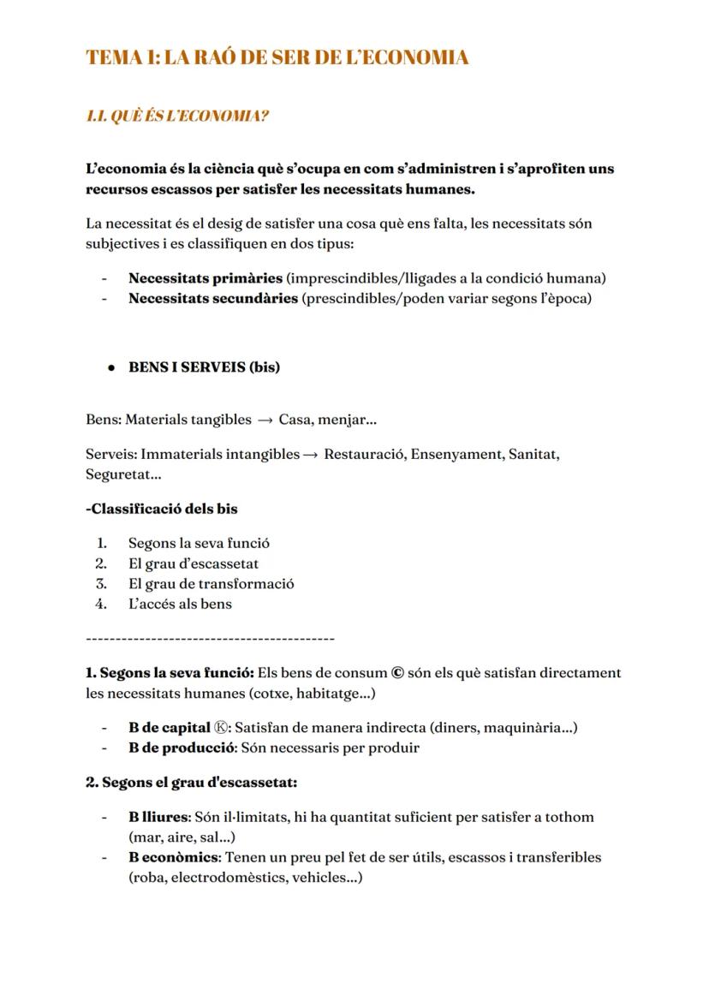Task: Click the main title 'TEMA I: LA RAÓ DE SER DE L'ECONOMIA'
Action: (x=277, y=58)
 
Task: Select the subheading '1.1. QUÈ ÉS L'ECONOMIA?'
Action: (x=177, y=116)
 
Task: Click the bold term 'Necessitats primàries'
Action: (x=206, y=277)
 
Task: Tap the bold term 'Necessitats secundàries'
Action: (x=213, y=298)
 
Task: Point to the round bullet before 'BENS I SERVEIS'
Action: (x=111, y=367)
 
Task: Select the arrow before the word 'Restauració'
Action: (x=312, y=454)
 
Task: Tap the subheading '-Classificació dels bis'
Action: (x=162, y=508)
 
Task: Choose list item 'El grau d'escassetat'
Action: (x=194, y=563)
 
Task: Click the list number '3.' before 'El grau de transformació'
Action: (x=102, y=584)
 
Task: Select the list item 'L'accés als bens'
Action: (x=180, y=604)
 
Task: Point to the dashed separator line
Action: (x=211, y=639)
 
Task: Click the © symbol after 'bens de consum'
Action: (x=397, y=673)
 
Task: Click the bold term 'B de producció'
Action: (x=182, y=748)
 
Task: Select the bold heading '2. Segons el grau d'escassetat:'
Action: (x=191, y=782)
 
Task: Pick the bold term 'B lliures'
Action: (x=158, y=817)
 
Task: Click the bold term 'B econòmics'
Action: (x=175, y=857)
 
